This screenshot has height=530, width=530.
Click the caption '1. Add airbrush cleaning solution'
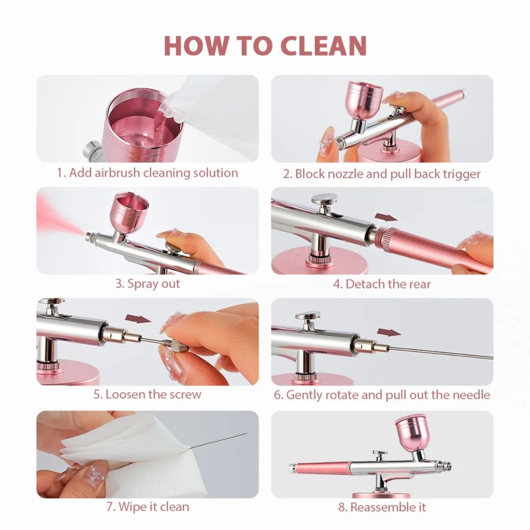click(x=147, y=173)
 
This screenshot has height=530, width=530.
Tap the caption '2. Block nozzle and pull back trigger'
click(x=382, y=174)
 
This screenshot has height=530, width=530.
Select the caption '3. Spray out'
click(x=148, y=283)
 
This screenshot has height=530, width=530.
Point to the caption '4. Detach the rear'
click(x=382, y=284)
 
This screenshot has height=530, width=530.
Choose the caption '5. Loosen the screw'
click(x=147, y=394)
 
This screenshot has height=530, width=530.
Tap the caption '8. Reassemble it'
click(x=382, y=507)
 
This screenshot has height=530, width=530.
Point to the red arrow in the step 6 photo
click(x=389, y=332)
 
